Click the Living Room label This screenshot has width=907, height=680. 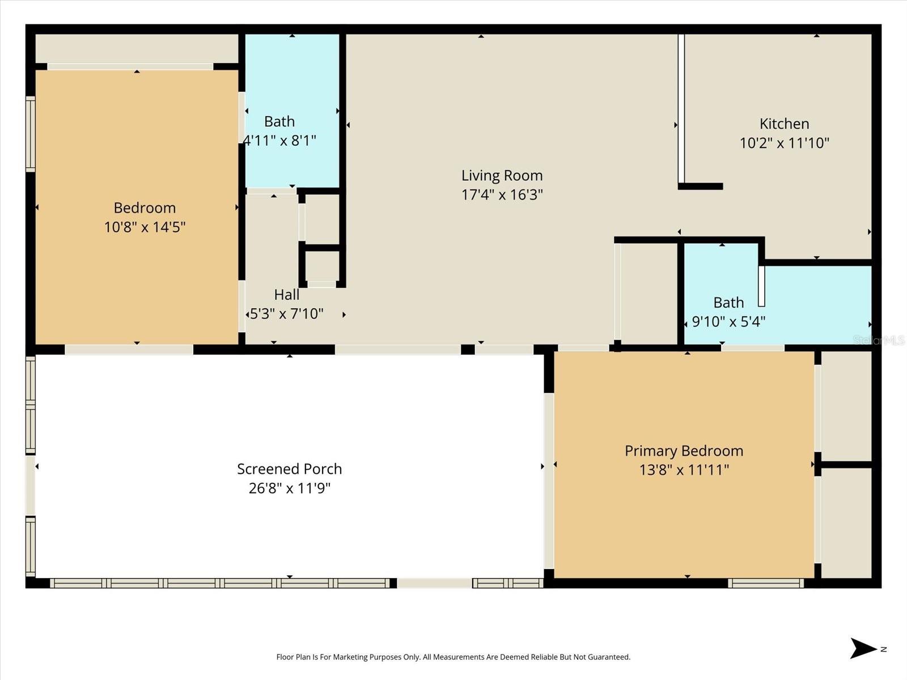(x=502, y=176)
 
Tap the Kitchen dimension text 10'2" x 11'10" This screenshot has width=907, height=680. (x=785, y=143)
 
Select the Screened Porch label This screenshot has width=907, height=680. (x=289, y=469)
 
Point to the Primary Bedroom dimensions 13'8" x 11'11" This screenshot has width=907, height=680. (x=684, y=470)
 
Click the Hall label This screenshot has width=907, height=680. (x=287, y=294)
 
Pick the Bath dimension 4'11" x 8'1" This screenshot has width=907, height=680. (x=279, y=141)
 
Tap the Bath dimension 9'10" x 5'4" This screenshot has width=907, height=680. (x=728, y=321)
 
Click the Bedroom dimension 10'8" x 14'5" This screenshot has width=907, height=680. (x=145, y=227)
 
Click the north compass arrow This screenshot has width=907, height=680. (x=863, y=648)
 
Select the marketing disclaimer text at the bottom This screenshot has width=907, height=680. (x=453, y=657)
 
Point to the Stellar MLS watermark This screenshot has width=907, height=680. (x=879, y=340)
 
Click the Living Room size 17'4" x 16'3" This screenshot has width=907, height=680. (x=502, y=194)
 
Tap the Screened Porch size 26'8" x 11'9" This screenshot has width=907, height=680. (x=289, y=488)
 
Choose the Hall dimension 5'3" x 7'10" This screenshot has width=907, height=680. (x=287, y=314)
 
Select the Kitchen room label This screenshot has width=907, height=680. (x=785, y=124)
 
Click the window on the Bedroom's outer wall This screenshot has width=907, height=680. (x=31, y=134)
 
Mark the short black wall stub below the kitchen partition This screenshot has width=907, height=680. (x=701, y=186)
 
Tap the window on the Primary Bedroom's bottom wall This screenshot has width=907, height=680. (x=766, y=583)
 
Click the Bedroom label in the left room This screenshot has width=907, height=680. (x=145, y=207)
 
